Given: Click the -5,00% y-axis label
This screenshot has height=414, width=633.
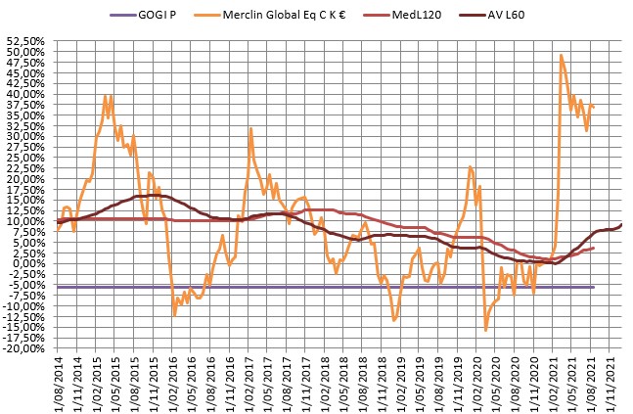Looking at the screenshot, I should pyautogui.click(x=27, y=284).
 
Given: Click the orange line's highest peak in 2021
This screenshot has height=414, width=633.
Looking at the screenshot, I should pyautogui.click(x=561, y=55).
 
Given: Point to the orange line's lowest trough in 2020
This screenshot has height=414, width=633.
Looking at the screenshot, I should pyautogui.click(x=485, y=330).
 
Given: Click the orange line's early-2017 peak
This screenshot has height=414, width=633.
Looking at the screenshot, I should pyautogui.click(x=250, y=128).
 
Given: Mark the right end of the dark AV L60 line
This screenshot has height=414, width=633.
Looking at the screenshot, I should pyautogui.click(x=621, y=224).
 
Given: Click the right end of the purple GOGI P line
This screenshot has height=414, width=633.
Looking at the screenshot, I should pyautogui.click(x=594, y=287).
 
